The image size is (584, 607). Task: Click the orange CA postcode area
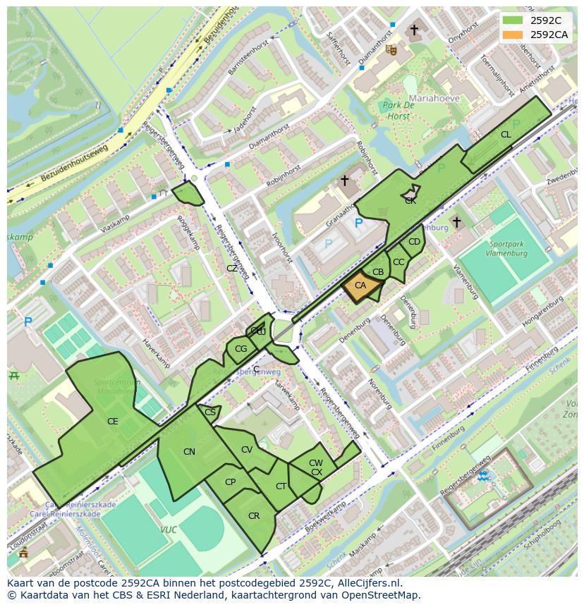(x=360, y=286)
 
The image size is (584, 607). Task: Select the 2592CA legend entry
(x=549, y=35)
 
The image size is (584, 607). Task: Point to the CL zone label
(x=506, y=135)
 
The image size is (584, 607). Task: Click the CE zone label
(x=112, y=422)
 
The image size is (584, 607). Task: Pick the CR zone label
(x=254, y=516)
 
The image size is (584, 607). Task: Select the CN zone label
(x=189, y=452)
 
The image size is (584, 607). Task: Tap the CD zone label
(x=414, y=242)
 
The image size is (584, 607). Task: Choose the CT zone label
(x=281, y=486)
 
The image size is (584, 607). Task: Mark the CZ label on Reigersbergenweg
(x=232, y=269)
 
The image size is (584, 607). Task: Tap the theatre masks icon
(x=391, y=49)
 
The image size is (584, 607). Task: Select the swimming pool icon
(x=485, y=477)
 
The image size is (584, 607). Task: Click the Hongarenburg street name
(x=542, y=311)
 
